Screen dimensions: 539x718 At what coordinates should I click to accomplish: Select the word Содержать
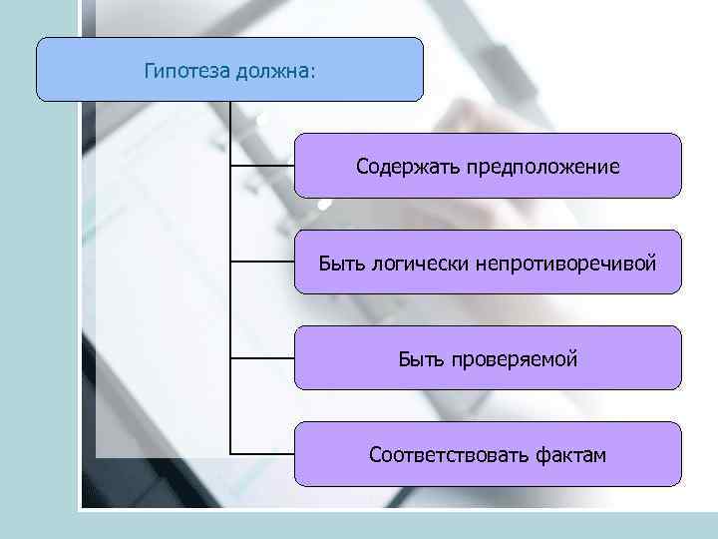(x=403, y=167)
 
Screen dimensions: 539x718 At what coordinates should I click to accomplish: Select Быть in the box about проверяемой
(x=420, y=358)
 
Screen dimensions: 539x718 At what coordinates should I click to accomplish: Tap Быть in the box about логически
(x=341, y=264)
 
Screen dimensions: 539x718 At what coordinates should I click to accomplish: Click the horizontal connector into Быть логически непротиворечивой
(x=262, y=262)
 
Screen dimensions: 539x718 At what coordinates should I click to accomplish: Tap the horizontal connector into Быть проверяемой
(x=262, y=357)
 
